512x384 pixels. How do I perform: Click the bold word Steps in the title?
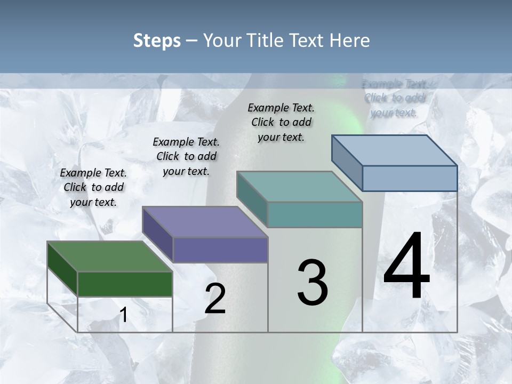pyautogui.click(x=157, y=41)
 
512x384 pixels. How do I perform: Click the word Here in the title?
pyautogui.click(x=350, y=41)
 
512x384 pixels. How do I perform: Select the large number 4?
pyautogui.click(x=406, y=267)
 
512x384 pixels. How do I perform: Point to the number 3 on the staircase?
pyautogui.click(x=313, y=283)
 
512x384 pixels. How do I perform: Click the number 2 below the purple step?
pyautogui.click(x=215, y=299)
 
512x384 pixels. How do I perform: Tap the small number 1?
pyautogui.click(x=123, y=315)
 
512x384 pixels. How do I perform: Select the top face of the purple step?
pyautogui.click(x=205, y=222)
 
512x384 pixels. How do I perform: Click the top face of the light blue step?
pyautogui.click(x=395, y=150)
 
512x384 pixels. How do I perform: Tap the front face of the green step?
pyautogui.click(x=125, y=284)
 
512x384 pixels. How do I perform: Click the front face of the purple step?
pyautogui.click(x=220, y=250)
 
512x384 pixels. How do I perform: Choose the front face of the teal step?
pyautogui.click(x=315, y=214)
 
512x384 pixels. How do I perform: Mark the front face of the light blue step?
pyautogui.click(x=410, y=178)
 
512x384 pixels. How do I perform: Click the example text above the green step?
pyautogui.click(x=93, y=187)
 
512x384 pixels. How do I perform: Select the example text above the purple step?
pyautogui.click(x=186, y=156)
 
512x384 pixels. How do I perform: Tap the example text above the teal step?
pyautogui.click(x=281, y=122)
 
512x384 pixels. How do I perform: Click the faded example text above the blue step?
pyautogui.click(x=395, y=98)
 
